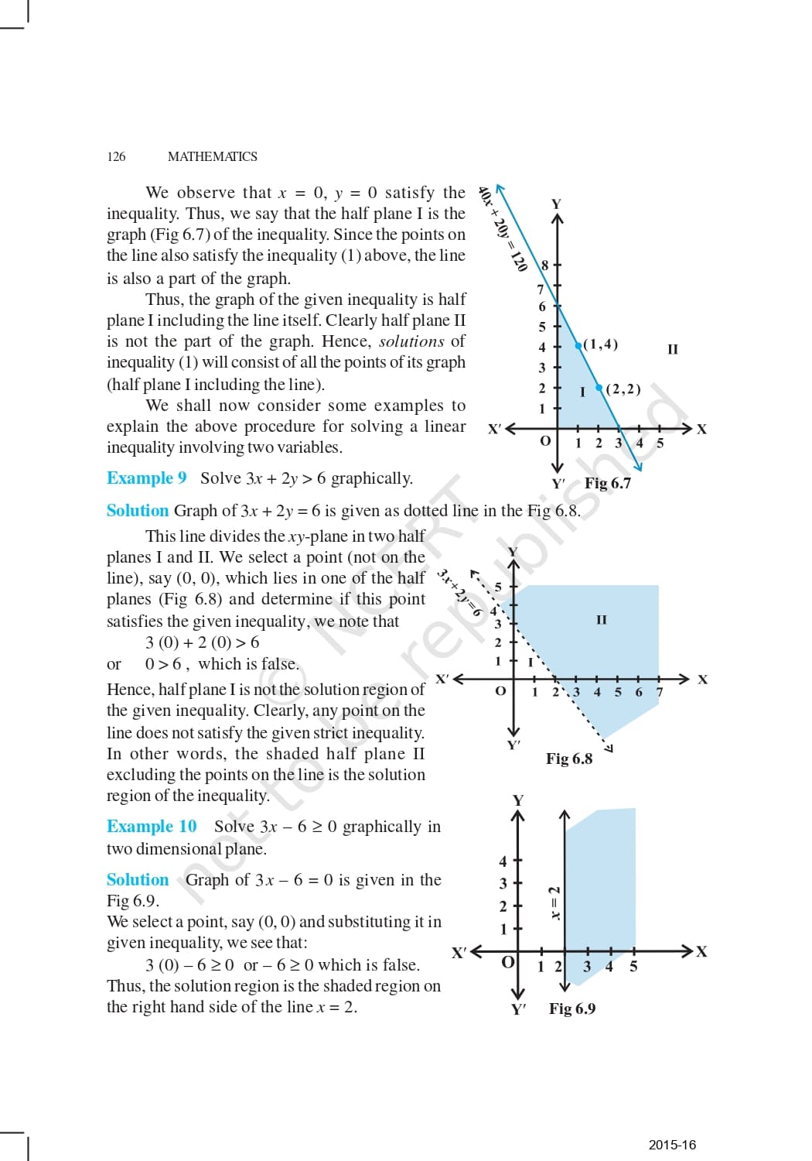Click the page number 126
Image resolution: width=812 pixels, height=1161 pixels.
pos(116,156)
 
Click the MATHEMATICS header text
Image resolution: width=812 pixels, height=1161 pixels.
pos(212,156)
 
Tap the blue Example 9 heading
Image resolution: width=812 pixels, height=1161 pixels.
pos(147,478)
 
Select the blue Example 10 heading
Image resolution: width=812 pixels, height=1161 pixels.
pos(152,827)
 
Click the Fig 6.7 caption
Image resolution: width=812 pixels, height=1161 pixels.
pos(607,483)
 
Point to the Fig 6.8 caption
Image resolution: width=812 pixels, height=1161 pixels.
pos(569,759)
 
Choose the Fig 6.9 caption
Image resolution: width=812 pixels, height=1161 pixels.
pos(572,1009)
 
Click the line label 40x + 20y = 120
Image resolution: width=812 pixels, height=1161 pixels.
pos(503,229)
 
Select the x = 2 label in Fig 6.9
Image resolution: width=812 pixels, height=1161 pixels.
pos(554,902)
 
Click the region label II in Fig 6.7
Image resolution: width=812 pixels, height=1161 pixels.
pos(672,349)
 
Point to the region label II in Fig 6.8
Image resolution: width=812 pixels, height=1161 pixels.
pos(602,619)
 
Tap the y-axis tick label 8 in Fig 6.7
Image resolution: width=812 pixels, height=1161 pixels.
pos(544,265)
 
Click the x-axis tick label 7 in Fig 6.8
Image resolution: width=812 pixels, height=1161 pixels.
pos(660,692)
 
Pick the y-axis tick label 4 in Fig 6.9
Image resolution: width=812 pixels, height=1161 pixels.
pos(503,861)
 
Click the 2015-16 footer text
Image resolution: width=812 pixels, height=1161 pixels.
pos(672,1145)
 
